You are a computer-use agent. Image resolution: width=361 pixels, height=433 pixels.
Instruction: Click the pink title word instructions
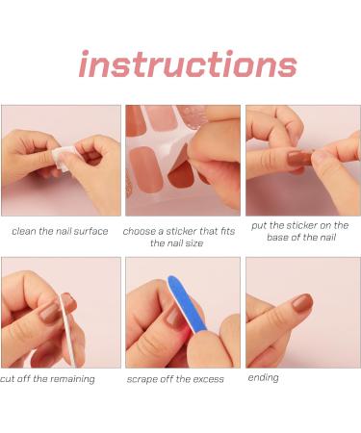point(188,64)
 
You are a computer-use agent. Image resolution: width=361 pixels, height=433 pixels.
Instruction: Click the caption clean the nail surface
point(60,231)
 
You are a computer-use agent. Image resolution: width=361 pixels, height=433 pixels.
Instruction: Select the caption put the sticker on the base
point(299,232)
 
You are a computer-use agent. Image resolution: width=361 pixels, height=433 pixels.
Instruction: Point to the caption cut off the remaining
point(48,379)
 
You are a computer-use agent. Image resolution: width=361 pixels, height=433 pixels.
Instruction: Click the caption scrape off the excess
point(175,379)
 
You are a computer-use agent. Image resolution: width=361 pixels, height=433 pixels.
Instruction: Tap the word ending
point(263,377)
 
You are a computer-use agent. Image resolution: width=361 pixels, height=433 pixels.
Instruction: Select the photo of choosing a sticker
point(182,160)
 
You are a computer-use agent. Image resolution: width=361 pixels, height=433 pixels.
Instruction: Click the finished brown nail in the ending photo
point(302,303)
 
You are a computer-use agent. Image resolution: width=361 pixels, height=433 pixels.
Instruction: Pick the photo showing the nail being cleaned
point(60,160)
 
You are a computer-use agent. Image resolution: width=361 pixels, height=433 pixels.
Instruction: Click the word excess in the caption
point(206,379)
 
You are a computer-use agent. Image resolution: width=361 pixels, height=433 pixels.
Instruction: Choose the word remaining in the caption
point(70,379)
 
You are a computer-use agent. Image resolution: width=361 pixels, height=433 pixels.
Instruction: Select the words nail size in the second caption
point(193,243)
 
